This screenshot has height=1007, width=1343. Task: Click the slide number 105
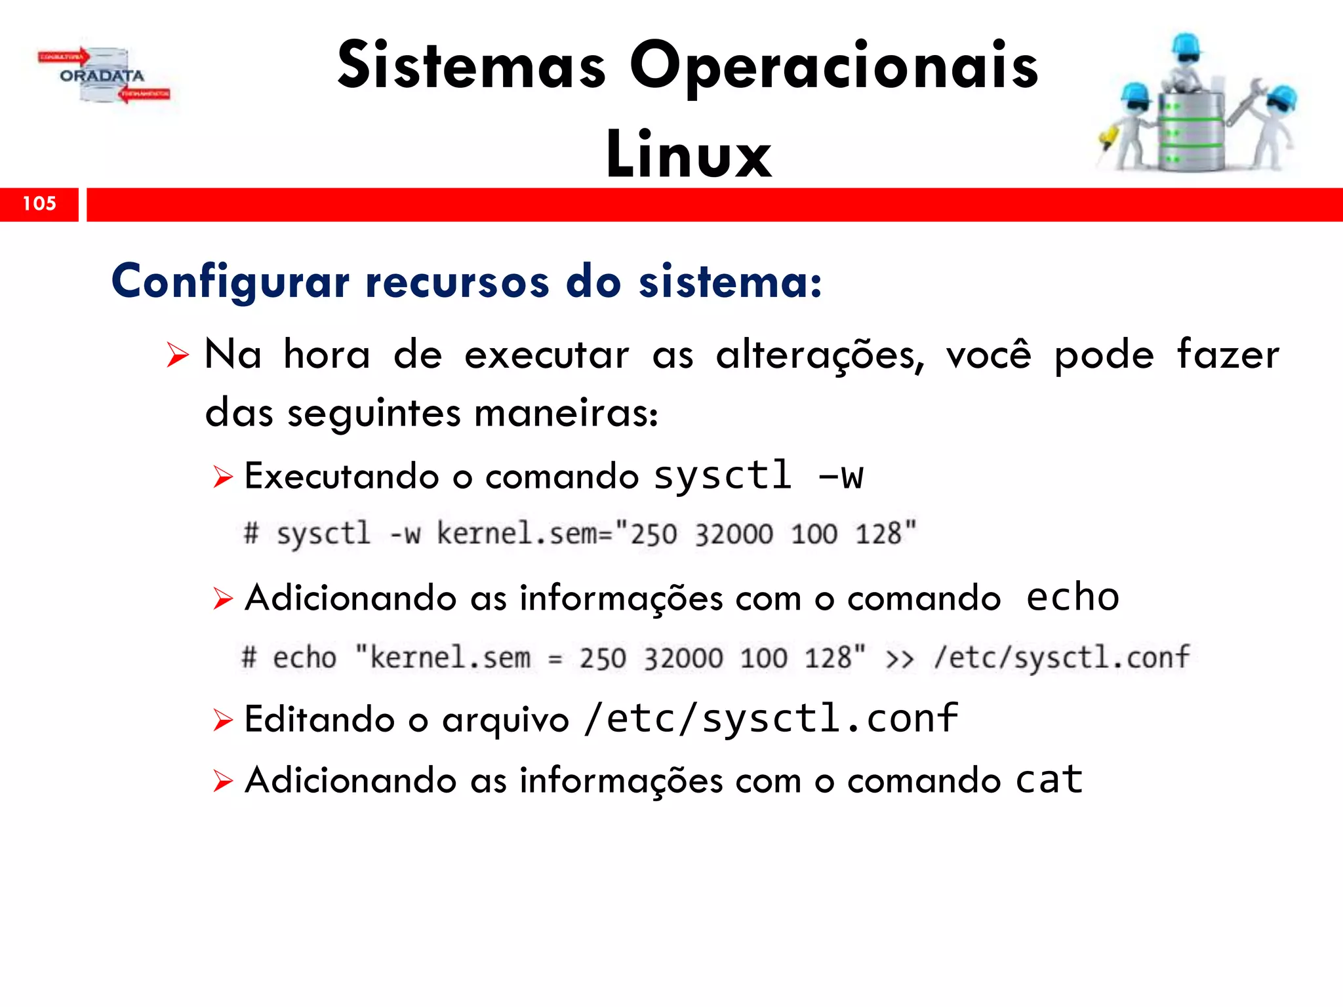pyautogui.click(x=39, y=203)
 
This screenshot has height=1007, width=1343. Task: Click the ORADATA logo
pyautogui.click(x=103, y=76)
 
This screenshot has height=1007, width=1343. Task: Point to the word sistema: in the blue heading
pyautogui.click(x=730, y=282)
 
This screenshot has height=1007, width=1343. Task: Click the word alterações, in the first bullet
pyautogui.click(x=820, y=355)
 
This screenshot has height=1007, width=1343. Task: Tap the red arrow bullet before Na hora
pyautogui.click(x=177, y=355)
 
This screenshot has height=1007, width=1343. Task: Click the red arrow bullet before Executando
pyautogui.click(x=223, y=477)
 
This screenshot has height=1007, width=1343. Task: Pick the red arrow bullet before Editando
pyautogui.click(x=223, y=720)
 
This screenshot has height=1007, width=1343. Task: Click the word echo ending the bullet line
pyautogui.click(x=1073, y=597)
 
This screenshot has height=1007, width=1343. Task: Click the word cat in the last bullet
pyautogui.click(x=1049, y=780)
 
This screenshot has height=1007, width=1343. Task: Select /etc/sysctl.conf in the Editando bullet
pyautogui.click(x=771, y=719)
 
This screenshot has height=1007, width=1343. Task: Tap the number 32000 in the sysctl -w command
pyautogui.click(x=734, y=534)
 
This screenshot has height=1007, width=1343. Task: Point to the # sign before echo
pyautogui.click(x=249, y=658)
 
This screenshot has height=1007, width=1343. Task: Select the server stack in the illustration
pyautogui.click(x=1190, y=131)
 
